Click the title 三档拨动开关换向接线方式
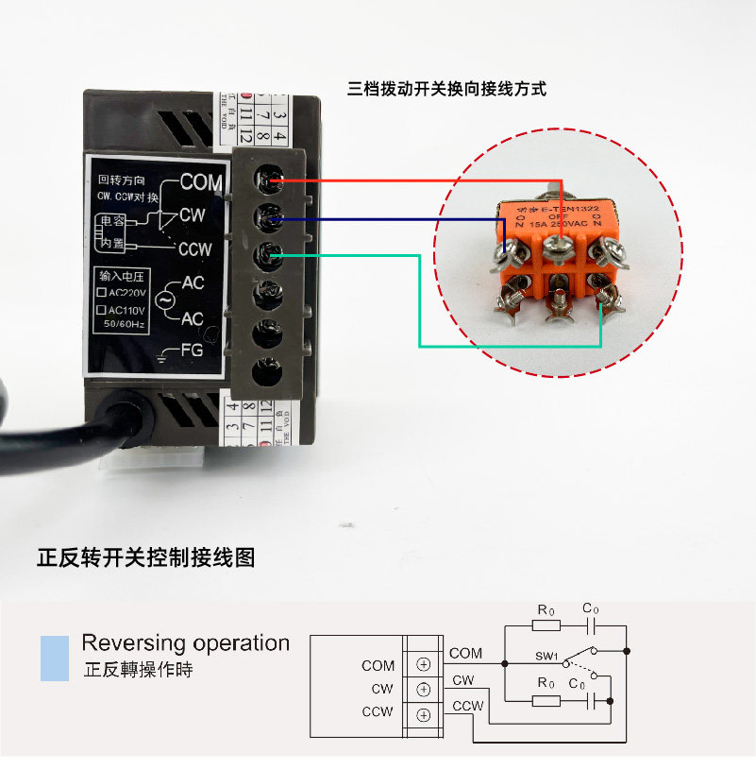click(446, 90)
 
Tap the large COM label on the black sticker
click(201, 181)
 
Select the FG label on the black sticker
click(192, 351)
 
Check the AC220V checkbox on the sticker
click(102, 293)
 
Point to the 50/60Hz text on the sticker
click(125, 324)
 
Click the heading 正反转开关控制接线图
click(146, 557)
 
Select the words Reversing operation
click(185, 643)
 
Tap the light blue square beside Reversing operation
click(55, 658)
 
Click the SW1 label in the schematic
click(547, 655)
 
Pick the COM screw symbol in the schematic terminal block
click(423, 664)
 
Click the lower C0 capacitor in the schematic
click(589, 700)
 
